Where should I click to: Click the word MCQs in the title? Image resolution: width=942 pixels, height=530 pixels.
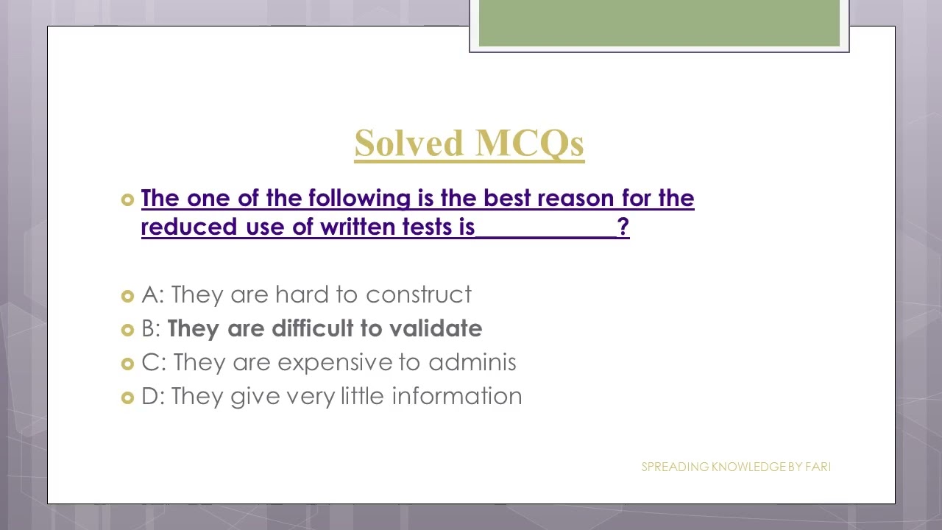[x=530, y=143]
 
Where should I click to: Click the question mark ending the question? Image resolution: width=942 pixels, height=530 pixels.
[x=623, y=227]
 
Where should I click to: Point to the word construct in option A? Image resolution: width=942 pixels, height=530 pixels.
[x=419, y=294]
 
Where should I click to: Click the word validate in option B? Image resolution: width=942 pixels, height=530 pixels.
[x=436, y=328]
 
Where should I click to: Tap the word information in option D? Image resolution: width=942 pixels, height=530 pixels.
[x=457, y=396]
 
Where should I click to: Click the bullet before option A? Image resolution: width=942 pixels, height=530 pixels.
[x=127, y=296]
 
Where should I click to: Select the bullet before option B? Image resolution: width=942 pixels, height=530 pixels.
[x=127, y=330]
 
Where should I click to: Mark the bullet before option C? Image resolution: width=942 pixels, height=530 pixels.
[x=127, y=364]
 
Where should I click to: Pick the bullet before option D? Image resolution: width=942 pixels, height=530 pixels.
[x=127, y=397]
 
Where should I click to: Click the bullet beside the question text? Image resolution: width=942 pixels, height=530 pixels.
[x=127, y=199]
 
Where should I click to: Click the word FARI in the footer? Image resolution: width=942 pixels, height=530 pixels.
[x=818, y=467]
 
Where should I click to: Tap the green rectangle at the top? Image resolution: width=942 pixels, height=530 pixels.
[x=659, y=23]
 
